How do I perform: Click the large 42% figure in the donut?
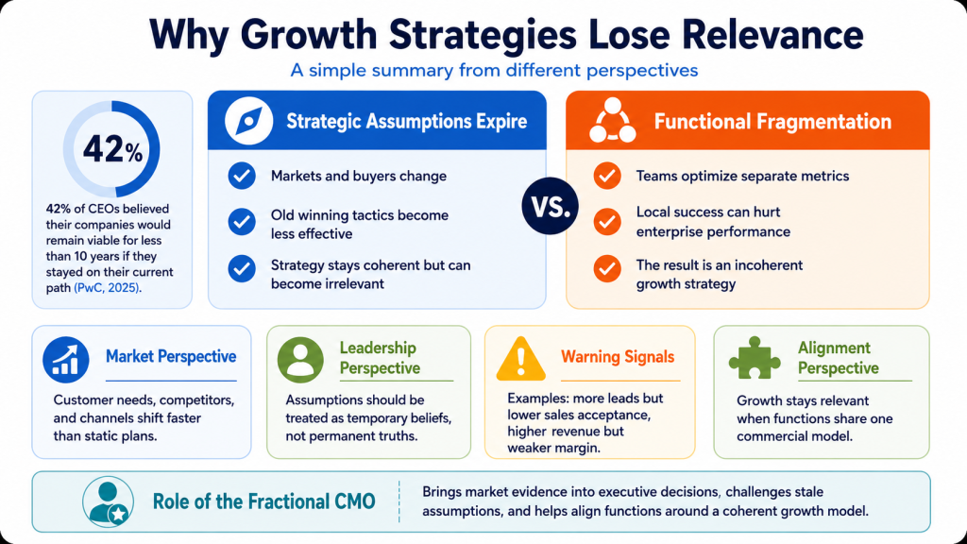[112, 149]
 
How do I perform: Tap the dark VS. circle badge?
[551, 206]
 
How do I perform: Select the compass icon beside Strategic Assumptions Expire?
[248, 121]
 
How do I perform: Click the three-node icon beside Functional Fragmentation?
[612, 120]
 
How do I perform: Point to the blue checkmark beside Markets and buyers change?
[242, 176]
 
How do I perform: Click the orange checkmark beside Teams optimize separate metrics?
[607, 176]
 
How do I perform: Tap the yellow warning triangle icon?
[521, 358]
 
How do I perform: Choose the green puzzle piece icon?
[755, 358]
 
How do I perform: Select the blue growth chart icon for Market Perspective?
[66, 360]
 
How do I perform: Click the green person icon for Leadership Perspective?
[300, 360]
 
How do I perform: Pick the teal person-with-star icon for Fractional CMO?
[108, 502]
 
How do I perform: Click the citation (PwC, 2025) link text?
[108, 288]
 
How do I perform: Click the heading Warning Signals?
[618, 356]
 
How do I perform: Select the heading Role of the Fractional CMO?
[264, 501]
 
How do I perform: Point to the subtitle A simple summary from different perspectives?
[494, 70]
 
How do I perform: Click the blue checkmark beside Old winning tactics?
[242, 222]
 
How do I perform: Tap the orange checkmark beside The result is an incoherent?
[607, 268]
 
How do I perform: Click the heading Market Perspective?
[171, 356]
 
